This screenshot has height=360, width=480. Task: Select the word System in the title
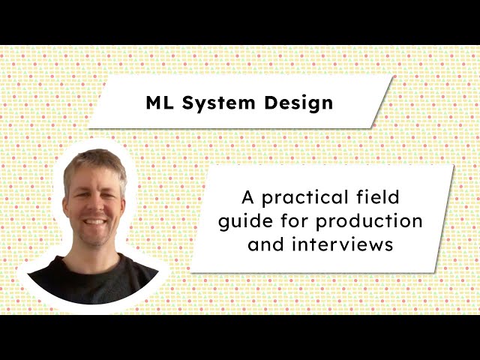pyautogui.click(x=217, y=103)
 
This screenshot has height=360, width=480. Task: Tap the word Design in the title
pyautogui.click(x=299, y=103)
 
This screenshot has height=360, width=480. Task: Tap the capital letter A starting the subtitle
pyautogui.click(x=247, y=199)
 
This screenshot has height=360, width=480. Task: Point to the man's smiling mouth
pyautogui.click(x=94, y=222)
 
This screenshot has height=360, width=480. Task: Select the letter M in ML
pyautogui.click(x=154, y=103)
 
